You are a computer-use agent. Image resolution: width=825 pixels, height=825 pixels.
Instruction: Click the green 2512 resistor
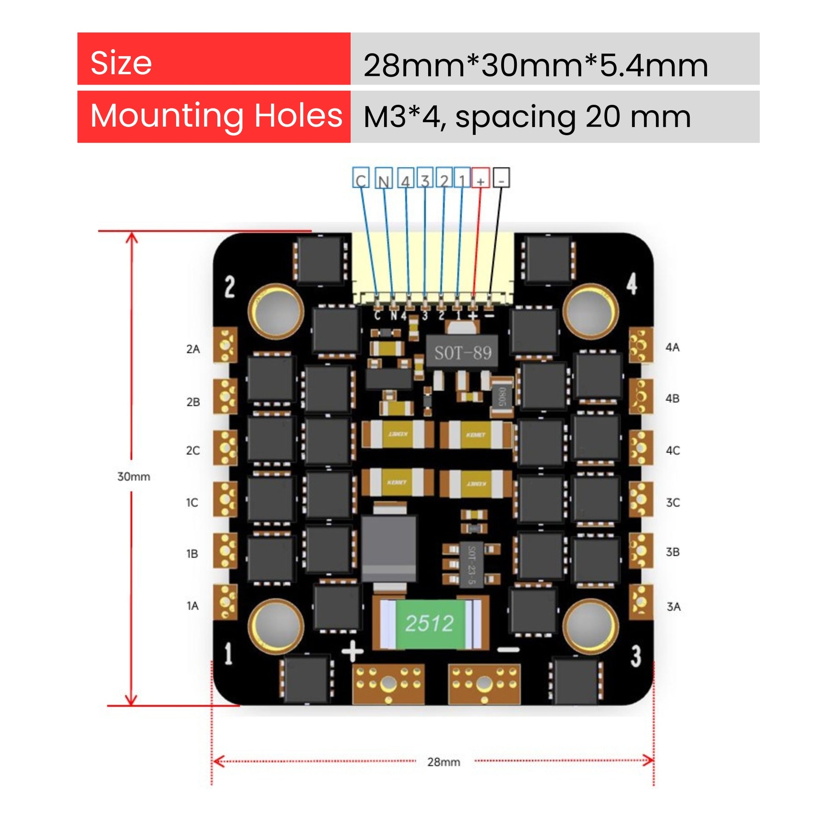[429, 623]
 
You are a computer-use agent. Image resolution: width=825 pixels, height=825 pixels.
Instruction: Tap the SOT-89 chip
[463, 353]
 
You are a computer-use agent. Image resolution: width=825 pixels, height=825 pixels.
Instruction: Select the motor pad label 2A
[193, 349]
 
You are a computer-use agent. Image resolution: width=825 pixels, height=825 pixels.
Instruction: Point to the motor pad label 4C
[672, 451]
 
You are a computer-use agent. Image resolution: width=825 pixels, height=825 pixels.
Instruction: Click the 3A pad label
[673, 606]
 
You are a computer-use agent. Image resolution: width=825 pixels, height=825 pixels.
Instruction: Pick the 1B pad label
[192, 554]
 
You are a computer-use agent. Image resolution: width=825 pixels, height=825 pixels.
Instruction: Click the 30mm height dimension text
[134, 477]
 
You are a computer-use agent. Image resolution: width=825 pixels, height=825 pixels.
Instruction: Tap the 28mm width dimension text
[444, 762]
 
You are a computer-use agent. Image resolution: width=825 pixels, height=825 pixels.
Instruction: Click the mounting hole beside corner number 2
[276, 311]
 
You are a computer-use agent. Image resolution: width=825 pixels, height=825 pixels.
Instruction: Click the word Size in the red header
[121, 63]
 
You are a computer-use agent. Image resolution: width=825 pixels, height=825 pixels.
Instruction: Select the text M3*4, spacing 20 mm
[527, 117]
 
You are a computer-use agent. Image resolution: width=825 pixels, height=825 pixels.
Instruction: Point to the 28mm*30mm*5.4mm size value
[535, 65]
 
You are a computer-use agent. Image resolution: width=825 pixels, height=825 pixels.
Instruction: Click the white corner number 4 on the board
[632, 283]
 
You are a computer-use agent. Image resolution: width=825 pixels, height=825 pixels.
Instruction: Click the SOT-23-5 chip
[471, 564]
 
